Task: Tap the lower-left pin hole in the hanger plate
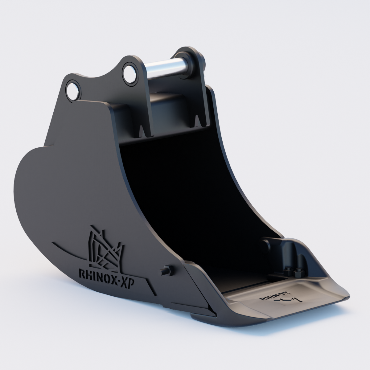tap(73, 90)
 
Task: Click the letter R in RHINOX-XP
tap(82, 274)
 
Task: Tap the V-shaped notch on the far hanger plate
tap(197, 120)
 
